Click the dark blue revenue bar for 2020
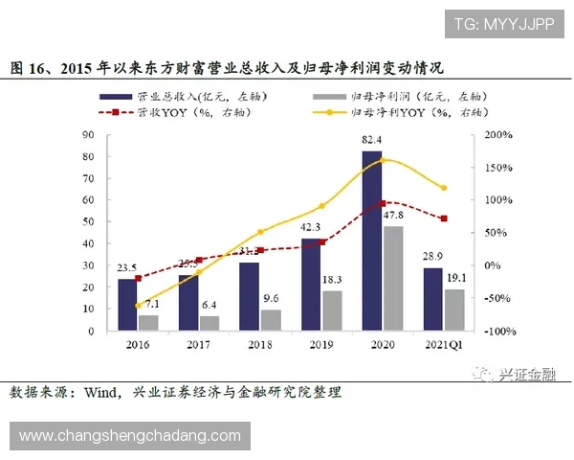pyautogui.click(x=371, y=240)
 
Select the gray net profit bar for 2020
pyautogui.click(x=392, y=278)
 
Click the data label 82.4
pyautogui.click(x=373, y=141)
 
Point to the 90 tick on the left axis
pyautogui.click(x=87, y=135)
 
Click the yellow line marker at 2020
pyautogui.click(x=383, y=160)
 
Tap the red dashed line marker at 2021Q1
pyautogui.click(x=443, y=218)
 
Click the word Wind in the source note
pyautogui.click(x=102, y=393)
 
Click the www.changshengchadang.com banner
pyautogui.click(x=130, y=436)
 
